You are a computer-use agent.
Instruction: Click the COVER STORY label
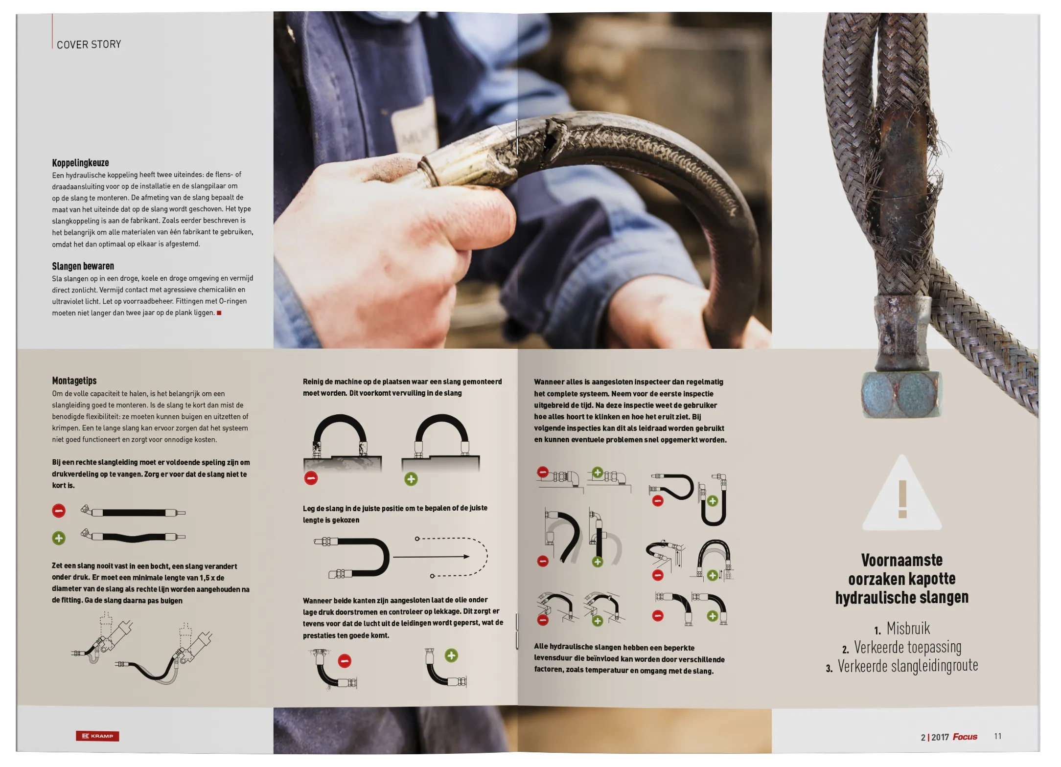tap(89, 45)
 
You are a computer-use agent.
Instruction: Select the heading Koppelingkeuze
tap(80, 163)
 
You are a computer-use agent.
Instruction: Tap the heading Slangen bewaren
tap(83, 266)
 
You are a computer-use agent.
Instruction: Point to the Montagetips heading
tap(74, 381)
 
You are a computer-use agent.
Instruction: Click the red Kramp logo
tap(97, 736)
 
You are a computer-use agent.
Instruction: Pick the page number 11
tap(997, 736)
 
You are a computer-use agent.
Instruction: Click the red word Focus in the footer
tap(965, 737)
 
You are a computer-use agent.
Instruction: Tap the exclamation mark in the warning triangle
tap(902, 499)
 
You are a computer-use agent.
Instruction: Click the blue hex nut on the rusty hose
tap(901, 394)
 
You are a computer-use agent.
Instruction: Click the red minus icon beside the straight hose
tap(59, 511)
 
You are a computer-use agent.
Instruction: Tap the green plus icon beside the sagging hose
tap(59, 539)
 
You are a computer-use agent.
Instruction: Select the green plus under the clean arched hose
tap(411, 479)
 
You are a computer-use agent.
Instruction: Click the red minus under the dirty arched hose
tap(311, 478)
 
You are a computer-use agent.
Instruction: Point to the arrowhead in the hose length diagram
tap(466, 557)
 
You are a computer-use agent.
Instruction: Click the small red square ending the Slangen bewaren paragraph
tap(219, 313)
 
